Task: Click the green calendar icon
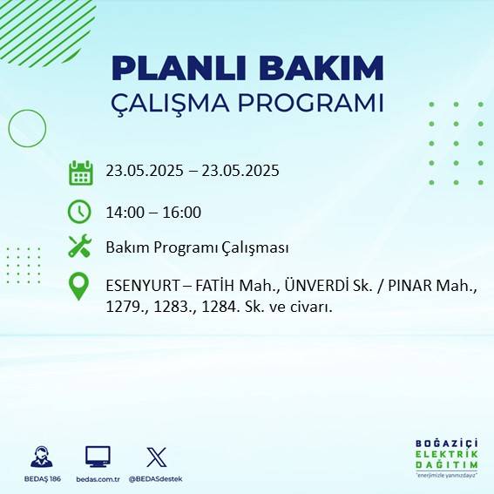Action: (80, 172)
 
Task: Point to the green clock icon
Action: (79, 212)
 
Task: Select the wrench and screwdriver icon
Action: (79, 247)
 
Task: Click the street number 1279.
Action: (125, 307)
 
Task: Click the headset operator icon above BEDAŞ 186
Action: (40, 457)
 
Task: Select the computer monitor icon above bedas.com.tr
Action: (98, 457)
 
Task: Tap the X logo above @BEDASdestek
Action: (157, 457)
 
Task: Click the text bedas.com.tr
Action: (98, 479)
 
